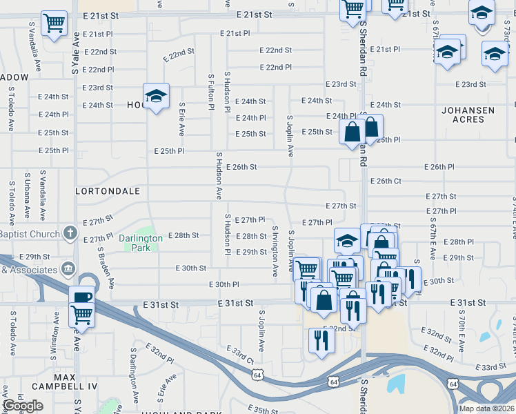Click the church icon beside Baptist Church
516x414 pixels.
tap(70, 233)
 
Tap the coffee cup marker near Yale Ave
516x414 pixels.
tap(81, 297)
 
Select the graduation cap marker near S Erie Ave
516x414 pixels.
tap(157, 96)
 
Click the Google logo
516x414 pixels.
tap(23, 406)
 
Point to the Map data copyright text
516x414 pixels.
tap(487, 408)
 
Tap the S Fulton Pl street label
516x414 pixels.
tap(211, 90)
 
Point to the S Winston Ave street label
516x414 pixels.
tap(54, 334)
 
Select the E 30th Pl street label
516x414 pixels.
tap(224, 284)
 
